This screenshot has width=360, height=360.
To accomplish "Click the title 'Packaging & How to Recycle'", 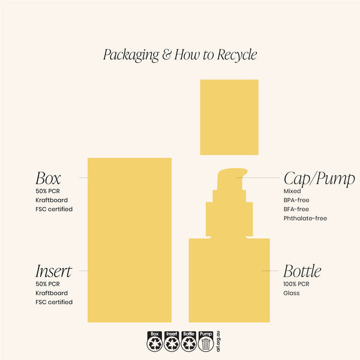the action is click(x=180, y=55).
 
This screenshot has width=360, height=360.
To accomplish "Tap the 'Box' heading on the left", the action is click(x=48, y=178).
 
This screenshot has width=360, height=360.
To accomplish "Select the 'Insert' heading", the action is click(x=54, y=271).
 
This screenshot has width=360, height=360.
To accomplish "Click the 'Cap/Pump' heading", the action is click(x=319, y=179).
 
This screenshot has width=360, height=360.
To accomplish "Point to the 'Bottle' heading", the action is click(x=302, y=271).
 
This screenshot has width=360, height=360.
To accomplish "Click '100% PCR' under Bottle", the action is click(x=296, y=284).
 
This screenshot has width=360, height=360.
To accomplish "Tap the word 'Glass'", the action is click(x=292, y=293).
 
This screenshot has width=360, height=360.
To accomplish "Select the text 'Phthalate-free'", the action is click(x=305, y=218).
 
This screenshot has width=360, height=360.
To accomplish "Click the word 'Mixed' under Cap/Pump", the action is click(x=292, y=191).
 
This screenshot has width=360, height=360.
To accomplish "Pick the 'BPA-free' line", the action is click(x=296, y=200).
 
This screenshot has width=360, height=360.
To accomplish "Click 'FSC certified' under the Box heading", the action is click(x=54, y=209).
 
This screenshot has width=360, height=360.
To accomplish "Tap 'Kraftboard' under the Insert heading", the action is click(x=52, y=293).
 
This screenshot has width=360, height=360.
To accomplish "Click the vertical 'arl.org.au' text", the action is click(x=218, y=341).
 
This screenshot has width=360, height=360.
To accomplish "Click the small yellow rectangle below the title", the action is click(x=229, y=117).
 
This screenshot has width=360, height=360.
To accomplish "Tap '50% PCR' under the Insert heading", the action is click(x=47, y=284).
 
